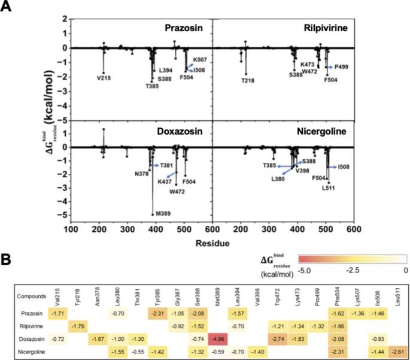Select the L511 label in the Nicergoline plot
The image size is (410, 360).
click(329, 188)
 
